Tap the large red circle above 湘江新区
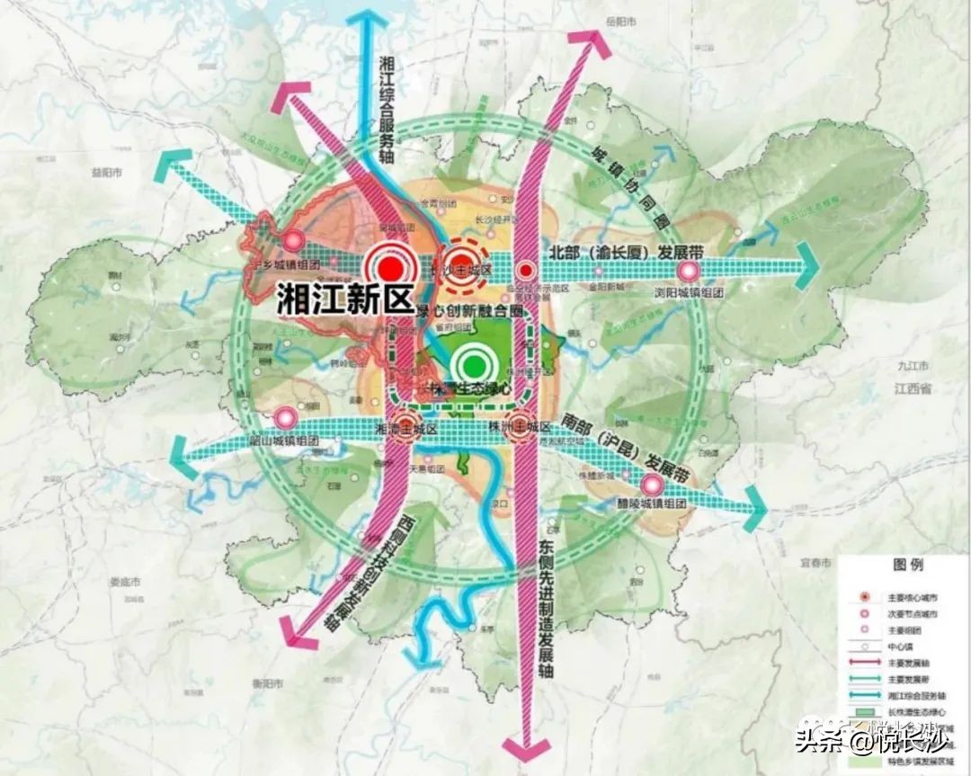tap(390, 268)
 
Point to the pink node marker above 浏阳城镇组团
tap(690, 271)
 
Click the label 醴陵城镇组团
tap(652, 504)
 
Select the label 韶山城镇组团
tap(285, 441)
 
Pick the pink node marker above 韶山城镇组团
tap(286, 417)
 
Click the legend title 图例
tap(908, 566)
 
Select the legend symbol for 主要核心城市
tap(864, 596)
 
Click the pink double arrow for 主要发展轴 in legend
tap(864, 663)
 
